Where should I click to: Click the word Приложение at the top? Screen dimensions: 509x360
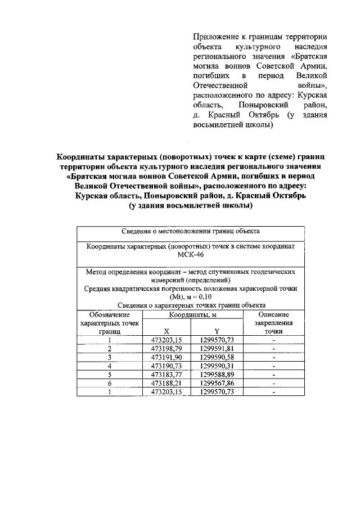[x=214, y=35]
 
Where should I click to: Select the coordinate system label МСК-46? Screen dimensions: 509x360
[x=190, y=255]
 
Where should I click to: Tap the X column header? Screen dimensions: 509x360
[x=166, y=331]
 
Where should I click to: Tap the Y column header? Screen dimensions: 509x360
[x=217, y=331]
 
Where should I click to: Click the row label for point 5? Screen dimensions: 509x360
[x=110, y=374]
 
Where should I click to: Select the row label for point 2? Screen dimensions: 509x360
[x=110, y=349]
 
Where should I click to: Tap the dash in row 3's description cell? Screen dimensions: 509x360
[x=273, y=357]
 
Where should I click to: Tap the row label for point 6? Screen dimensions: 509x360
[x=110, y=383]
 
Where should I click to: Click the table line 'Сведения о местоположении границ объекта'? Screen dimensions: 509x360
[x=190, y=231]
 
